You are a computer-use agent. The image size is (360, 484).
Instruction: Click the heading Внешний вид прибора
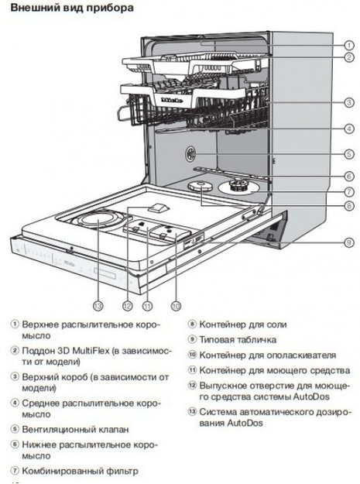click(x=65, y=8)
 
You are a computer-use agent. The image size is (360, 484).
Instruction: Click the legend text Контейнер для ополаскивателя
click(x=256, y=354)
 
